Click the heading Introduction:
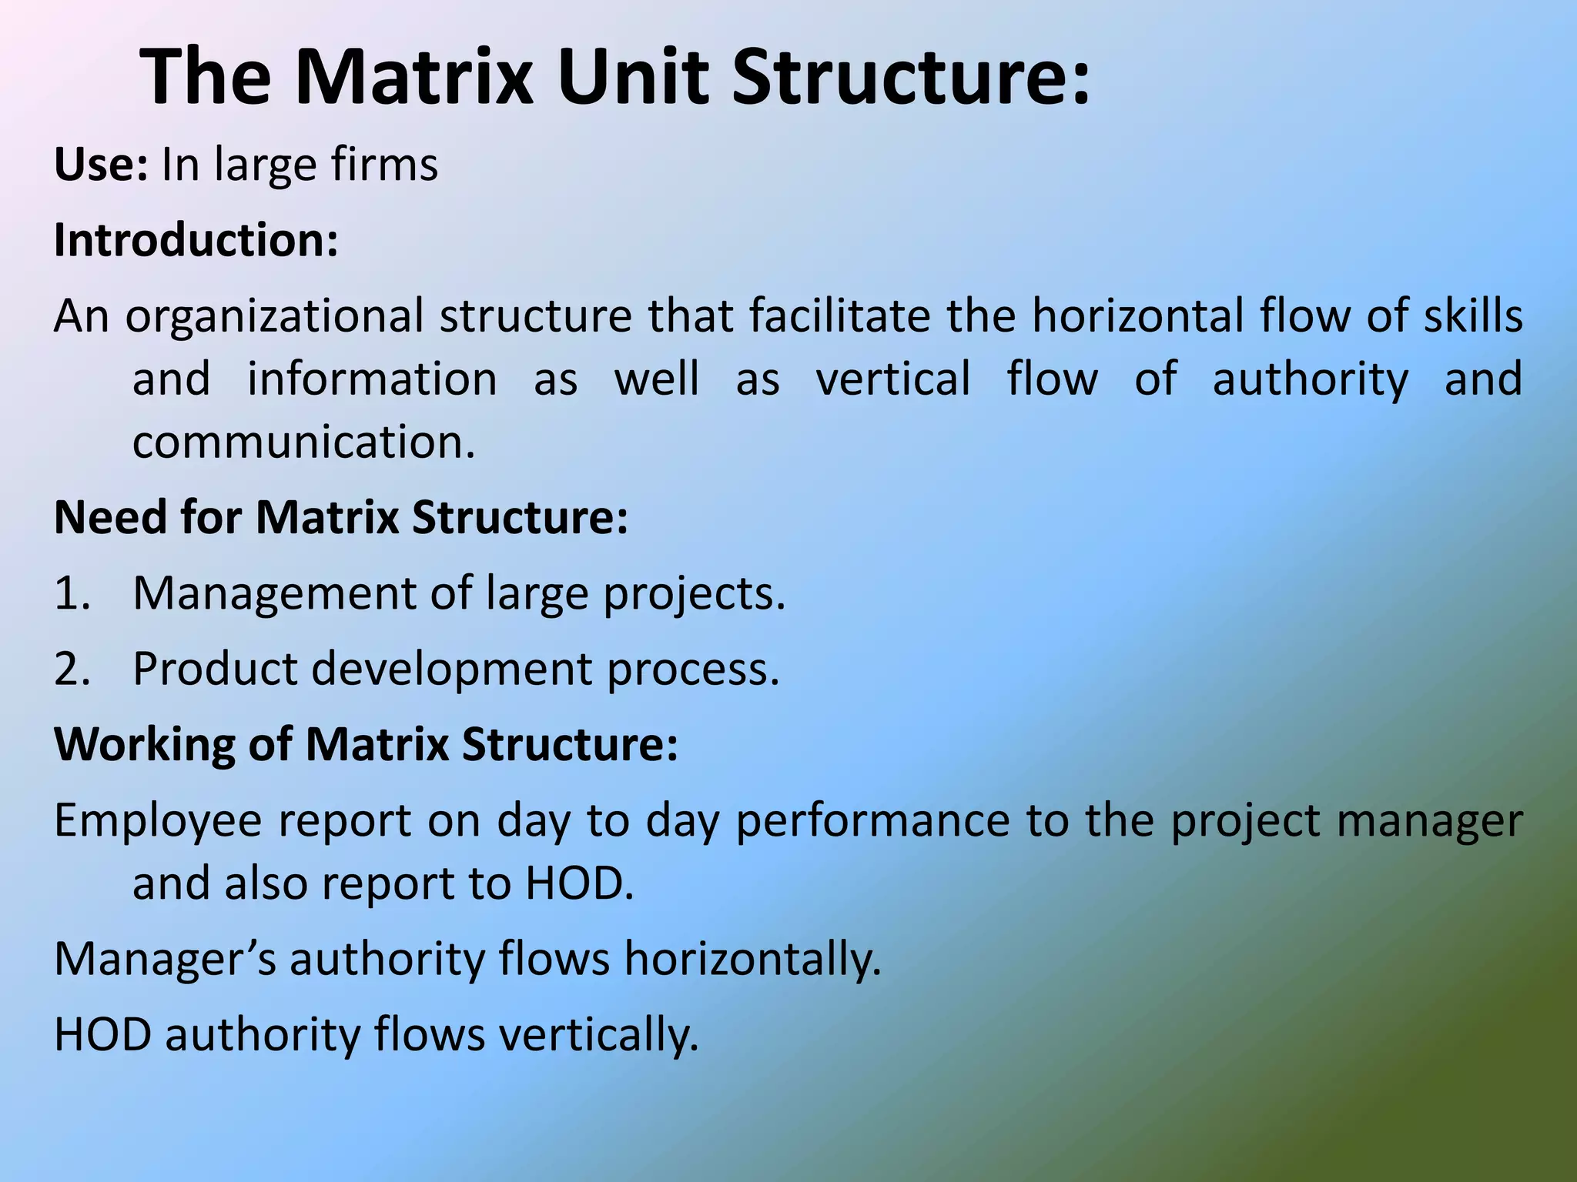tap(196, 240)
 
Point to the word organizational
tap(274, 317)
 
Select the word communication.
tap(303, 442)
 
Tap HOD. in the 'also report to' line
tap(579, 883)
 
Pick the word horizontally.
tap(752, 960)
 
